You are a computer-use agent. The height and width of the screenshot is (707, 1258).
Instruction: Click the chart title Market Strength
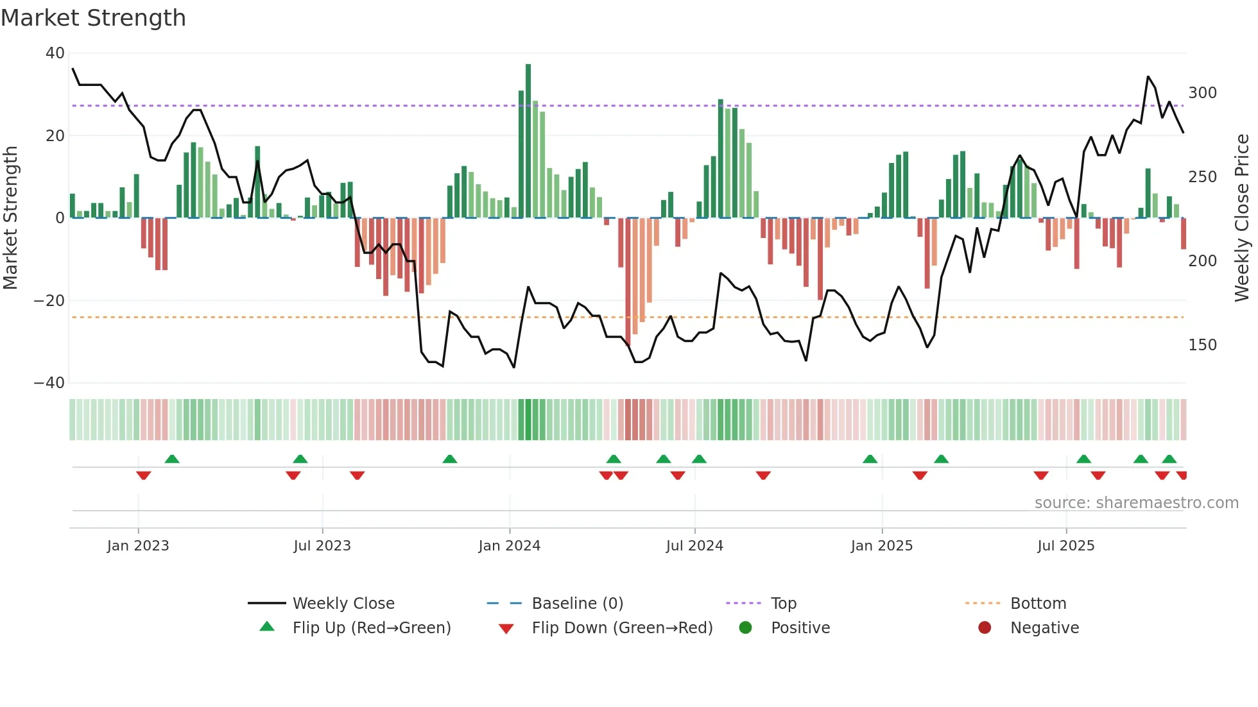point(93,18)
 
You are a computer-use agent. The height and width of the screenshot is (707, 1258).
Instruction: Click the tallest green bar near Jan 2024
point(528,141)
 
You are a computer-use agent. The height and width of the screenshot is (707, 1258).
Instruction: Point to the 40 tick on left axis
point(55,53)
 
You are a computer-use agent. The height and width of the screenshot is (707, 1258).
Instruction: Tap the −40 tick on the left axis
point(49,383)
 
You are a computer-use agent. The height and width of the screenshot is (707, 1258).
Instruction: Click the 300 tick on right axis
point(1202,93)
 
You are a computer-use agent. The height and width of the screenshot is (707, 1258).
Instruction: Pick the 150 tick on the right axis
point(1202,345)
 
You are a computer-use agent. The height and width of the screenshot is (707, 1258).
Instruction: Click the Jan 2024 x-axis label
point(510,546)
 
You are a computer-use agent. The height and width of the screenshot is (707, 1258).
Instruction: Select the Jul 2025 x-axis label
point(1066,546)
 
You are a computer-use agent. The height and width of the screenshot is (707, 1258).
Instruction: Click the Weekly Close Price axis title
point(1242,217)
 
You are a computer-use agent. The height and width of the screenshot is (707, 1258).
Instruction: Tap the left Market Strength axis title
point(11,217)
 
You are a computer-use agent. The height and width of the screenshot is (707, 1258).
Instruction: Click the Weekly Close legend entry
point(343,604)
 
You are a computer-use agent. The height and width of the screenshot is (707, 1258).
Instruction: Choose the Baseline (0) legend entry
point(577,604)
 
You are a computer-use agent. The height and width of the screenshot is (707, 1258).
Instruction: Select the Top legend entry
point(783,604)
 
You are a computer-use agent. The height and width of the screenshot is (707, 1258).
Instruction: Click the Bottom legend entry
point(1038,604)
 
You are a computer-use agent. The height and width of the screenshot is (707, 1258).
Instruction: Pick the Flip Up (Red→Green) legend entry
point(372,628)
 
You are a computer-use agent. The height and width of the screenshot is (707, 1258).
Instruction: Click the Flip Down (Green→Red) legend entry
point(622,628)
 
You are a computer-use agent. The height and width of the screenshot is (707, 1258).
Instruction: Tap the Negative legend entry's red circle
point(985,628)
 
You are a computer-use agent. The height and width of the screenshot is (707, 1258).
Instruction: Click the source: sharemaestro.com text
point(1136,503)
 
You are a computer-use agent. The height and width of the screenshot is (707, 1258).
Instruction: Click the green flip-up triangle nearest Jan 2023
point(172,459)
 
